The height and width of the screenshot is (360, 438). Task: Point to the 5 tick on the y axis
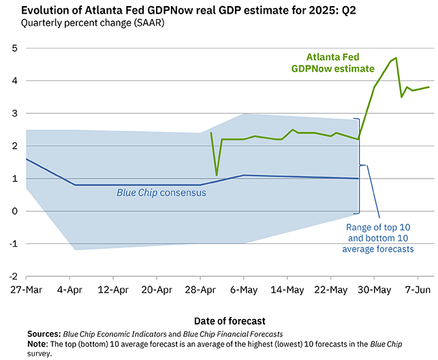click(x=14, y=48)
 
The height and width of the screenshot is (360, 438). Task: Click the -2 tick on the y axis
click(x=12, y=276)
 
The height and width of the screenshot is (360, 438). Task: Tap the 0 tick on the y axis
click(x=14, y=211)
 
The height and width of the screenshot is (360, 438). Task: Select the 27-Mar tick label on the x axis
click(x=26, y=290)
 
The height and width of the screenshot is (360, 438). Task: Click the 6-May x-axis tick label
click(x=244, y=290)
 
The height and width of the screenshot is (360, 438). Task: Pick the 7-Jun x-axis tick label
click(x=418, y=290)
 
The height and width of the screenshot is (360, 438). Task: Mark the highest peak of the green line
click(x=396, y=58)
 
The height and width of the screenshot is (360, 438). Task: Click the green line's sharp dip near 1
click(x=217, y=175)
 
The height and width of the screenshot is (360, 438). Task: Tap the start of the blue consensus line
click(x=26, y=159)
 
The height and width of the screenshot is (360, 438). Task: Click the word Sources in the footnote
click(x=44, y=334)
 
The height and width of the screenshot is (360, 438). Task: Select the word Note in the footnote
click(x=38, y=344)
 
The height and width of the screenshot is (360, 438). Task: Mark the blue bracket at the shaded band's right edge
click(x=359, y=165)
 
